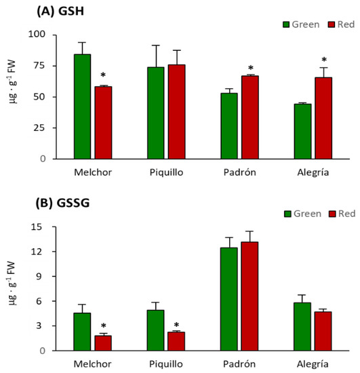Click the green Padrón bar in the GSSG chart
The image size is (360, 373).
(x=230, y=299)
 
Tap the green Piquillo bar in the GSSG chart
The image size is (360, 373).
(x=156, y=330)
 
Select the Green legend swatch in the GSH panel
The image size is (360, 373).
(x=286, y=24)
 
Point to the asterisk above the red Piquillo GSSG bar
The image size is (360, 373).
(x=176, y=326)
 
